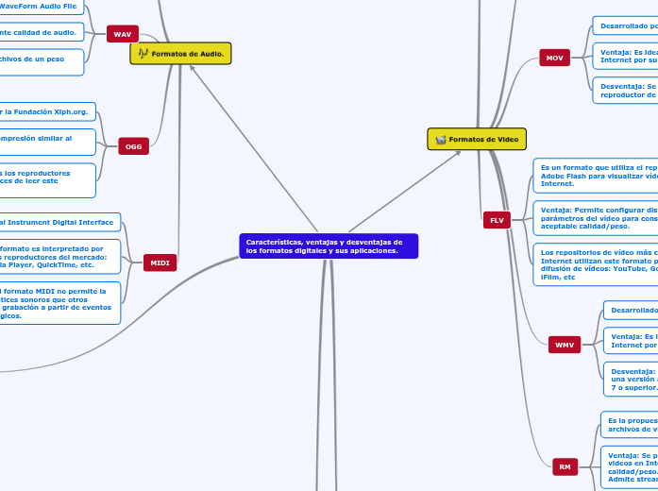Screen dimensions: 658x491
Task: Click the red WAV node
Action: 123,34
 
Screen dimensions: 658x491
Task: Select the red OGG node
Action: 134,146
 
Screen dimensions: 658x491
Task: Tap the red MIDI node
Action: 160,263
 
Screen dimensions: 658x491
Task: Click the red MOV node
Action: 554,59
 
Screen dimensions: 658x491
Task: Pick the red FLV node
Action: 497,220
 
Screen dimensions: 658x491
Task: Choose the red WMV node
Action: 565,345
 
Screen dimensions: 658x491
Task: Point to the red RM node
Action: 565,440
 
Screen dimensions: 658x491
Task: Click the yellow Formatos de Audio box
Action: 180,54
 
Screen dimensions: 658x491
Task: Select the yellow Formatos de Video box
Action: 476,139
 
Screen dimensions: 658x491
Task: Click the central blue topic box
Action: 329,246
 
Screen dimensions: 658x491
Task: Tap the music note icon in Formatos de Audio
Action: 143,54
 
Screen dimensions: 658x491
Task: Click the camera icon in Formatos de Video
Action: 440,140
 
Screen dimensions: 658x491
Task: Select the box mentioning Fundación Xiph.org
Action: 47,111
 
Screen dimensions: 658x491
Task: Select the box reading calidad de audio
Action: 42,32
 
